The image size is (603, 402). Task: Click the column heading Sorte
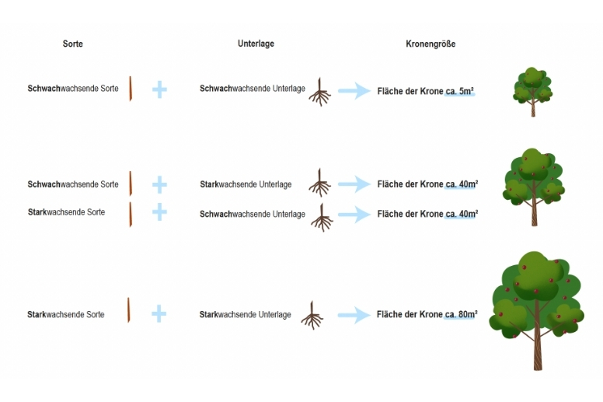73,44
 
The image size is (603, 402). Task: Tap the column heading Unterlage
256,44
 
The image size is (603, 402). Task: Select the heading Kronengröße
430,44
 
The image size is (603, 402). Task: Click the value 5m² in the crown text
466,91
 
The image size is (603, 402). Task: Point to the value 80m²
468,314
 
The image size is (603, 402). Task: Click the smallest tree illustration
532,92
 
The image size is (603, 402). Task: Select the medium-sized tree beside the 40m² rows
533,187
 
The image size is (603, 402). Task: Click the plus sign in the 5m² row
159,89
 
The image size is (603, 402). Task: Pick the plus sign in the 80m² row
159,314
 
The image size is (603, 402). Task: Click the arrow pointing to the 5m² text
354,91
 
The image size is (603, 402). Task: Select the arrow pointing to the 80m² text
354,315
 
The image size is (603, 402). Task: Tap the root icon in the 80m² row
312,315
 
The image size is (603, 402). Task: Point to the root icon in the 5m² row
320,92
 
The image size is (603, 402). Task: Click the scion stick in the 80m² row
129,309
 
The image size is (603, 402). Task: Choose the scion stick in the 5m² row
131,89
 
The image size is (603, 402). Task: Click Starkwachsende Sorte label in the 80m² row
66,315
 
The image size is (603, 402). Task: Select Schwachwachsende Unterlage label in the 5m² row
253,89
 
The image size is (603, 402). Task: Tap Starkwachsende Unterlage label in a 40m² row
246,184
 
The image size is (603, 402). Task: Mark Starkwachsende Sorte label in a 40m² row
67,212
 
